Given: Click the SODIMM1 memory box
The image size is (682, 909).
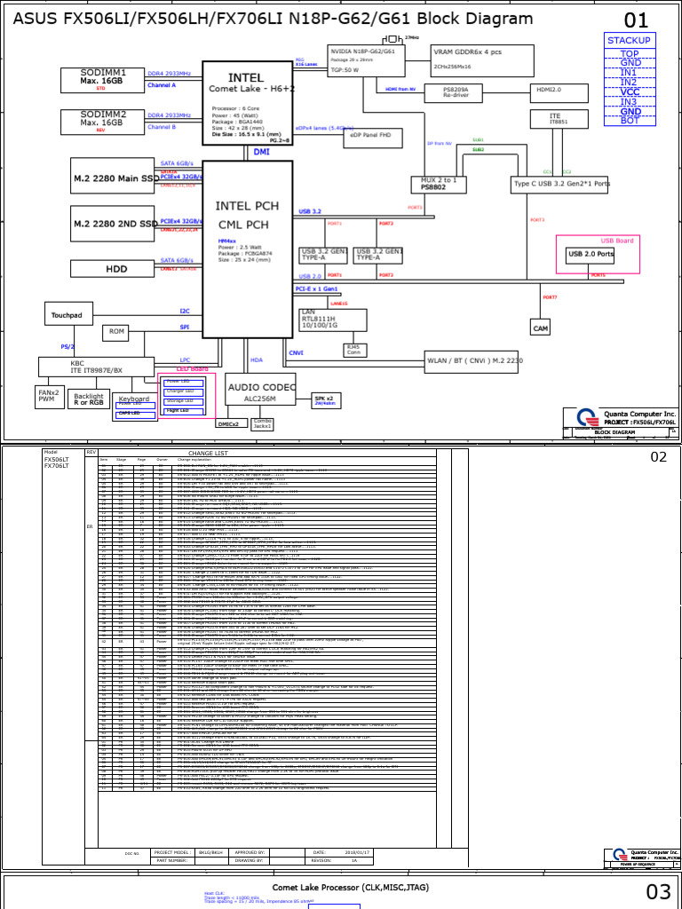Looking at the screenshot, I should pyautogui.click(x=103, y=80).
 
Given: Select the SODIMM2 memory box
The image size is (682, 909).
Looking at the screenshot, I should pyautogui.click(x=103, y=122).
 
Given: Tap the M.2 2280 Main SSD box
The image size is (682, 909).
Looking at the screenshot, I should pyautogui.click(x=114, y=178).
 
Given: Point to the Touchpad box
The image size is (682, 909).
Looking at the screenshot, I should pyautogui.click(x=67, y=314).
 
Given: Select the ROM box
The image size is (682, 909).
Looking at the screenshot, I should pyautogui.click(x=116, y=331).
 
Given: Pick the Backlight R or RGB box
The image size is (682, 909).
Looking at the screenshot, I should pyautogui.click(x=88, y=399).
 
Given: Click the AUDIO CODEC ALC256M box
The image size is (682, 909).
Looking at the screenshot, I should pyautogui.click(x=260, y=392).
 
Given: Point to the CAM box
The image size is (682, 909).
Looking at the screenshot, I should pyautogui.click(x=541, y=328).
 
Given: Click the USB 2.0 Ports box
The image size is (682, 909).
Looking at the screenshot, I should pyautogui.click(x=591, y=255).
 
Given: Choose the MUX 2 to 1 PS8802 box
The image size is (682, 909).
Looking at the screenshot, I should pyautogui.click(x=438, y=184).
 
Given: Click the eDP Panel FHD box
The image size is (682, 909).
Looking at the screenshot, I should pyautogui.click(x=376, y=137).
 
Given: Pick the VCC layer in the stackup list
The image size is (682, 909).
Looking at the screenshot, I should pyautogui.click(x=629, y=91).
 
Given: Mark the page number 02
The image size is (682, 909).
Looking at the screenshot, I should pyautogui.click(x=658, y=457).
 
